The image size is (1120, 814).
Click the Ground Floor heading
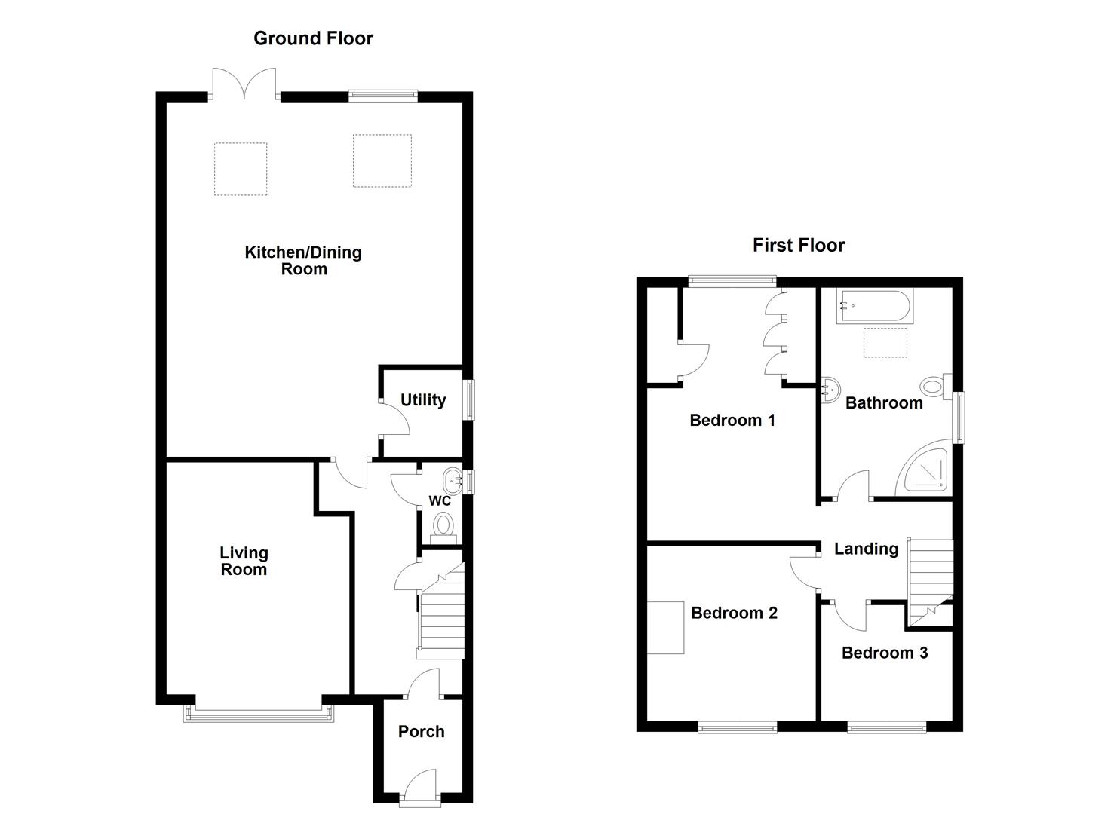click(313, 38)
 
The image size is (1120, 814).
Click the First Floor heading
click(799, 245)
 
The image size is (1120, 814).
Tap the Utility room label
click(423, 400)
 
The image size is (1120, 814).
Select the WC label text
click(440, 501)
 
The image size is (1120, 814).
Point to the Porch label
click(421, 731)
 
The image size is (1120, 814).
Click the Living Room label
click(244, 562)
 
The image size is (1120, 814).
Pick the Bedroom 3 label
click(885, 653)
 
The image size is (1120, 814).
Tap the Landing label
click(866, 549)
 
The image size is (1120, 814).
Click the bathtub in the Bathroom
click(874, 307)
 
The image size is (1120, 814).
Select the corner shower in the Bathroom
click(927, 470)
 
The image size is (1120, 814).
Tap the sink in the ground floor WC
click(453, 476)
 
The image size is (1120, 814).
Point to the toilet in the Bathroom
click(937, 387)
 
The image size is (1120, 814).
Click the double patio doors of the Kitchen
click(244, 84)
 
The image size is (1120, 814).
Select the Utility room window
click(471, 399)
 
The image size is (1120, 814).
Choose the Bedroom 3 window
click(886, 727)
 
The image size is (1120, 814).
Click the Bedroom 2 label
click(734, 613)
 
